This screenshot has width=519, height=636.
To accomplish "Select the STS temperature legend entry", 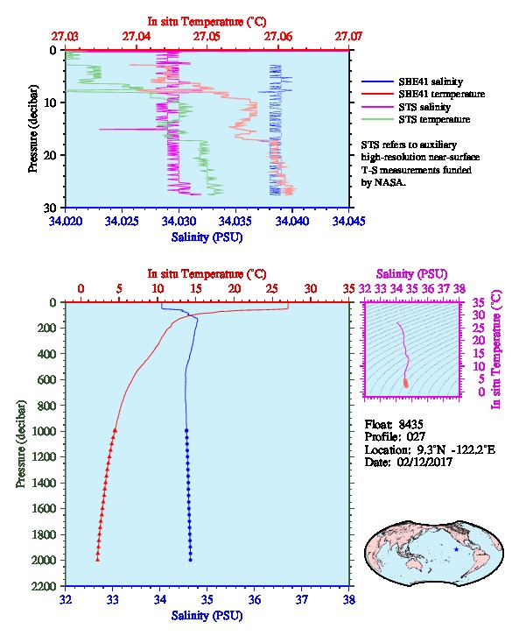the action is pos(416,119).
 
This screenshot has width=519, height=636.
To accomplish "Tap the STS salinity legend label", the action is pos(424,107).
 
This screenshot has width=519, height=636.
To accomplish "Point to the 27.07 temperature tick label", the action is pos(348,37).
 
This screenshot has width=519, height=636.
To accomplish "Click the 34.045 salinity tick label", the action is pos(348,221).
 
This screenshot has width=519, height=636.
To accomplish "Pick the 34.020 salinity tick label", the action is pos(66,221).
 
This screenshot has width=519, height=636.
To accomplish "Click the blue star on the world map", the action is pos(457,549).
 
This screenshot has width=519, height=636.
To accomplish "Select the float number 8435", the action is pos(410,424).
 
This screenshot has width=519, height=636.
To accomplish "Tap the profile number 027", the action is pos(416,437).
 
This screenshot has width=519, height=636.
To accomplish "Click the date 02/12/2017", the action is pos(424,462).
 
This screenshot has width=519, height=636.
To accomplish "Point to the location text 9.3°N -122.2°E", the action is pos(456,449).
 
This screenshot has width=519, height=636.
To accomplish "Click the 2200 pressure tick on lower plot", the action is pos(45,586).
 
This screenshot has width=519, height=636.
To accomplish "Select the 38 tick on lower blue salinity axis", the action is pos(349,599).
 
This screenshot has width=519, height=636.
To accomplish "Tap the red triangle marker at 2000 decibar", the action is pos(98,560).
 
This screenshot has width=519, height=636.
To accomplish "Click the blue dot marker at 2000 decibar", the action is pos(191,560).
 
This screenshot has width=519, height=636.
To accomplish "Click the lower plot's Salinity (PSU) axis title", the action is pos(207,616).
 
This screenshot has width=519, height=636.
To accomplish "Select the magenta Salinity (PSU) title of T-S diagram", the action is pos(411,274).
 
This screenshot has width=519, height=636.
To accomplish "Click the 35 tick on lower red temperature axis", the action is pos(349,289).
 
